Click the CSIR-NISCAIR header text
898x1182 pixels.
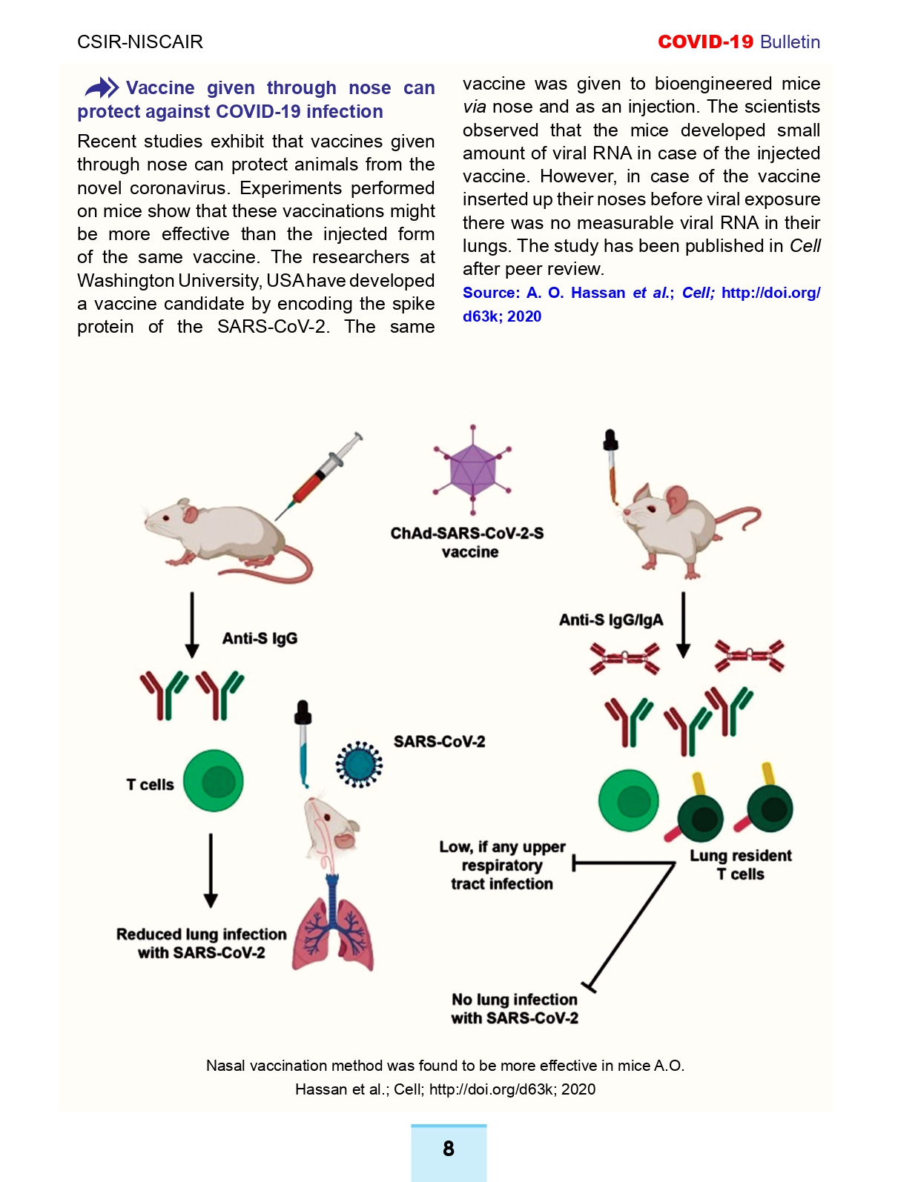point(140,42)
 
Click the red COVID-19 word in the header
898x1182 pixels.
point(705,42)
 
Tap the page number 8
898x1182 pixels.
point(448,1148)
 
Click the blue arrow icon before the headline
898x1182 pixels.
point(102,87)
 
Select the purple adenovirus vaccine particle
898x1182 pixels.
point(472,470)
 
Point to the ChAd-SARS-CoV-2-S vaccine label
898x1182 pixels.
point(467,542)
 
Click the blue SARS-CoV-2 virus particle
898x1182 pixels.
point(359,765)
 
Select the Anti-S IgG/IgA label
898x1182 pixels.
point(611,620)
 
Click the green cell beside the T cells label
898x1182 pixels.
point(214,780)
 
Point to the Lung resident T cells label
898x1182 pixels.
point(741,864)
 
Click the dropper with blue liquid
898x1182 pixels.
point(303,743)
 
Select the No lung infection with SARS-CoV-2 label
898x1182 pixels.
point(515,1009)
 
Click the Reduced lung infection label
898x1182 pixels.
point(202,943)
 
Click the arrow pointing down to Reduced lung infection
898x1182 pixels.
point(211,871)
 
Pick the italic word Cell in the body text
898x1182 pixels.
point(805,245)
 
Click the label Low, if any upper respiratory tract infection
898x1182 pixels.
point(502,865)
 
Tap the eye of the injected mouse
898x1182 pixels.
point(166,518)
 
